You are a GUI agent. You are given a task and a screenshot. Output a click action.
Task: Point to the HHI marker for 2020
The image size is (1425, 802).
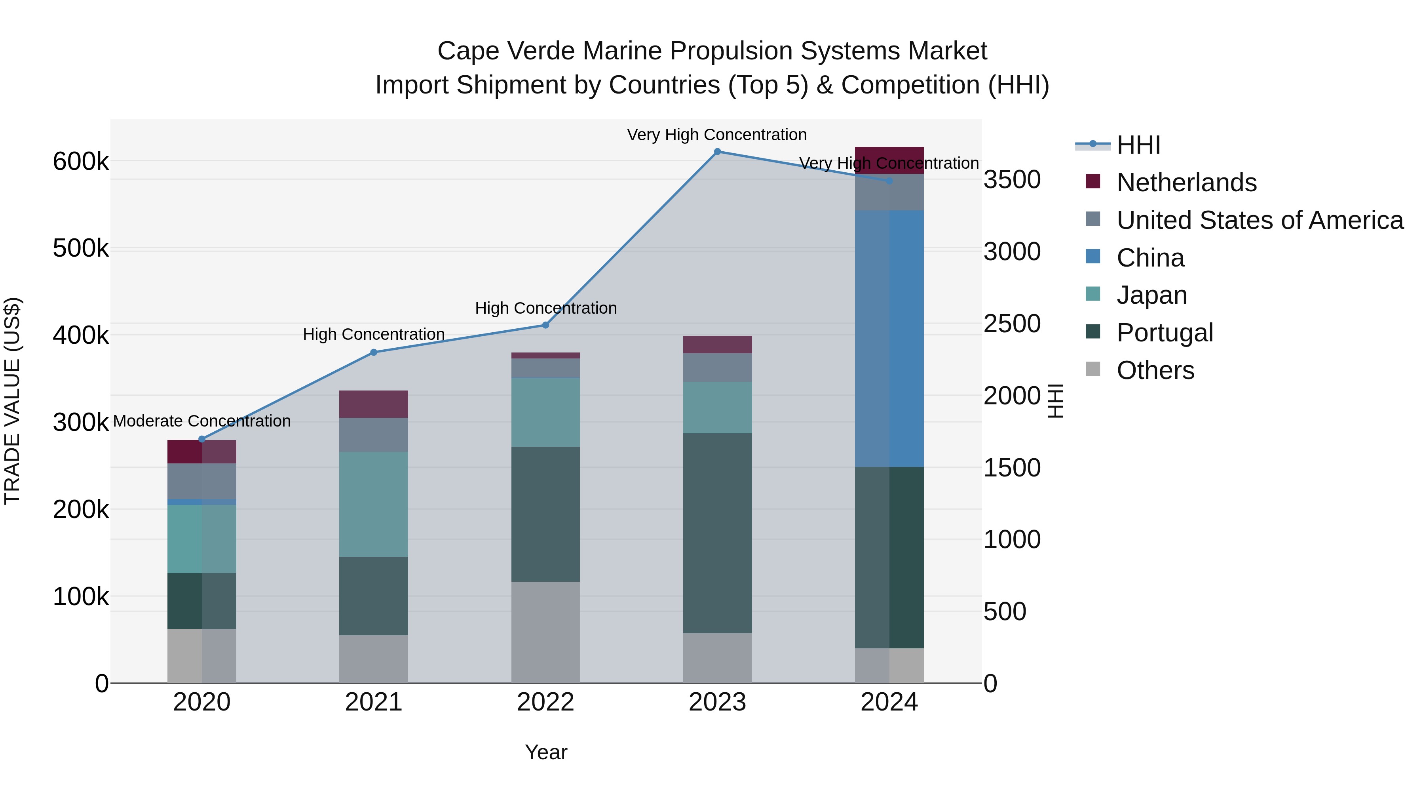pos(202,439)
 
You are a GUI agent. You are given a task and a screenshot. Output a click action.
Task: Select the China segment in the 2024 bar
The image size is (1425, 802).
pos(889,338)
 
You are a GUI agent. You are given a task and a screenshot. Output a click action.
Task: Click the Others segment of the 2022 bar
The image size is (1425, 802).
pos(545,632)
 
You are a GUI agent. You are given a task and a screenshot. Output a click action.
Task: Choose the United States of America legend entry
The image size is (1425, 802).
pos(1260,220)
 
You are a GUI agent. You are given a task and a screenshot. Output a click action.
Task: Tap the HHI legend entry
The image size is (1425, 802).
pos(1138,145)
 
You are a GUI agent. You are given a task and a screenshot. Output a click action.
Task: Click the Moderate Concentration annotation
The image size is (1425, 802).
pos(202,421)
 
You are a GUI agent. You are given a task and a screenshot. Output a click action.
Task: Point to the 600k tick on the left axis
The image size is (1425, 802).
pos(81,162)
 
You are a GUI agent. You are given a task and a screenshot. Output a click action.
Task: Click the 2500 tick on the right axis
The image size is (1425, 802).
pos(1011,324)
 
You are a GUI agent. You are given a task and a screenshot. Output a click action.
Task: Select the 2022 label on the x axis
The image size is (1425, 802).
pos(545,702)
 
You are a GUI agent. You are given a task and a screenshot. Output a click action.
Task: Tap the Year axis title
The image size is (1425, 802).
pos(545,752)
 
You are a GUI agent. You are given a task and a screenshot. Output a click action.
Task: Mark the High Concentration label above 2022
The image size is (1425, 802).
pos(545,308)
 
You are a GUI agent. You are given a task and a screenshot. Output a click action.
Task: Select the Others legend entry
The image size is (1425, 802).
pos(1155,370)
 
